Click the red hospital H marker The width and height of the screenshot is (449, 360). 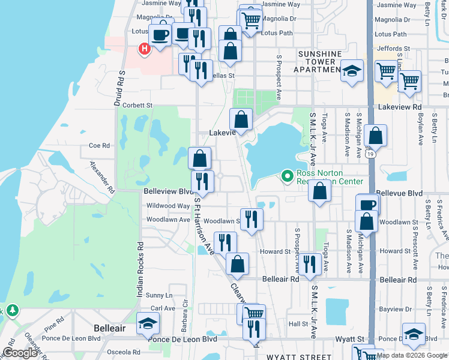click(144, 49)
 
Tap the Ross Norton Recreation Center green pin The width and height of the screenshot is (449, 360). click(288, 176)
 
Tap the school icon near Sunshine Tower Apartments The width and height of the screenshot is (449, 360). click(352, 71)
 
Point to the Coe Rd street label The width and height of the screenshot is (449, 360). click(100, 145)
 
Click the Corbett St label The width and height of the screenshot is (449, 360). click(137, 105)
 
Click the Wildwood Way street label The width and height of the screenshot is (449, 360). click(168, 206)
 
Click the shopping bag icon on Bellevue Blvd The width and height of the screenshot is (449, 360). click(321, 192)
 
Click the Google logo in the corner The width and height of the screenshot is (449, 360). click(20, 353)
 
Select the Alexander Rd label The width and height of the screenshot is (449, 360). click(101, 176)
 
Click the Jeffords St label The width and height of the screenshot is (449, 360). click(392, 48)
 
